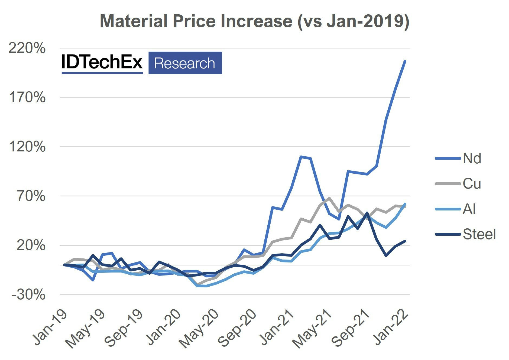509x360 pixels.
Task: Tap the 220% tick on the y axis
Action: [x=27, y=48]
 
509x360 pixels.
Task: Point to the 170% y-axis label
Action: [x=27, y=98]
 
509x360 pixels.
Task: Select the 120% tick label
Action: [x=27, y=147]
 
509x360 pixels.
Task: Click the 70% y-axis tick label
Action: [x=31, y=196]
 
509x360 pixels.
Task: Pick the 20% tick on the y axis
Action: [x=31, y=245]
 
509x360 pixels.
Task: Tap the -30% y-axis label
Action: [x=28, y=295]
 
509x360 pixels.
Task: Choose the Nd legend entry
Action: [x=472, y=158]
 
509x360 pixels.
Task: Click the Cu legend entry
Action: [x=472, y=184]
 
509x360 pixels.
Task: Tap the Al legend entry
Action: [x=469, y=209]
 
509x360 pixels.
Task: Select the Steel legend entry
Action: [x=479, y=234]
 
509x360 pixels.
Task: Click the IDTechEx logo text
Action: [x=102, y=62]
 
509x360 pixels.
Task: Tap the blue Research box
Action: [x=185, y=63]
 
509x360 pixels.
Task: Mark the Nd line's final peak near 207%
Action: [x=405, y=61]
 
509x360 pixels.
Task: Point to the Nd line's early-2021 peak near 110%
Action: [x=301, y=157]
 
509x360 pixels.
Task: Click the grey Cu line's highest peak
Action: [x=329, y=198]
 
